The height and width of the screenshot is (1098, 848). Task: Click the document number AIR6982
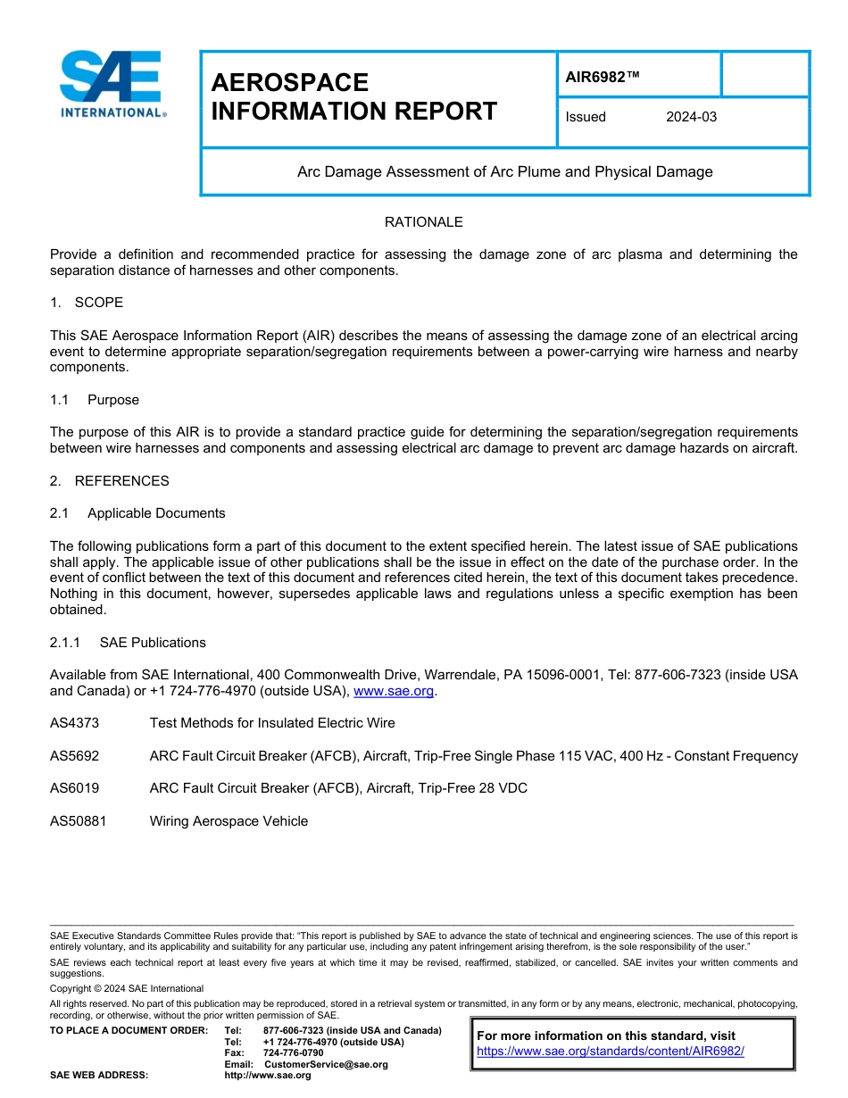click(x=603, y=77)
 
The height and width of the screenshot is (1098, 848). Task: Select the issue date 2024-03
click(x=691, y=117)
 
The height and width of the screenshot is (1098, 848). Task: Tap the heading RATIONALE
click(x=423, y=222)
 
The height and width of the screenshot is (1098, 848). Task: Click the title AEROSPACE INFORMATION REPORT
click(x=353, y=97)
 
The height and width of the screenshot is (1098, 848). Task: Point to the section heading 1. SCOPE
click(x=87, y=303)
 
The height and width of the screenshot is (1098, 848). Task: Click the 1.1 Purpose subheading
click(x=95, y=400)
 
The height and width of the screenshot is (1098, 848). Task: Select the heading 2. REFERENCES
click(x=109, y=481)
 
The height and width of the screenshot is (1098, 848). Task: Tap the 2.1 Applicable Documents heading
click(x=137, y=513)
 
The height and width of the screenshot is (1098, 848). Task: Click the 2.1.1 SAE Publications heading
click(x=128, y=643)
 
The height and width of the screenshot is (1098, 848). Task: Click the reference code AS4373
click(x=74, y=723)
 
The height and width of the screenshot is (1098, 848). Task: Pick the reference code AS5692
click(x=74, y=756)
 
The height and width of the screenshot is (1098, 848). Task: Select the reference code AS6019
click(x=74, y=788)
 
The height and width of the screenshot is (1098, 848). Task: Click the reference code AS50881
click(x=78, y=821)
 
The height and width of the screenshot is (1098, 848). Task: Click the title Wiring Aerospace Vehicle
click(x=229, y=821)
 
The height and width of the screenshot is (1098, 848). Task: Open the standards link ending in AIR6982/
click(x=610, y=1052)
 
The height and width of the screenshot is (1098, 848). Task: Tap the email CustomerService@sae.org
click(x=326, y=1064)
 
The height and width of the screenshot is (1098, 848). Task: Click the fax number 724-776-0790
click(x=294, y=1053)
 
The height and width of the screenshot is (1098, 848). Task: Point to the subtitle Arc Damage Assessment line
click(x=504, y=172)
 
